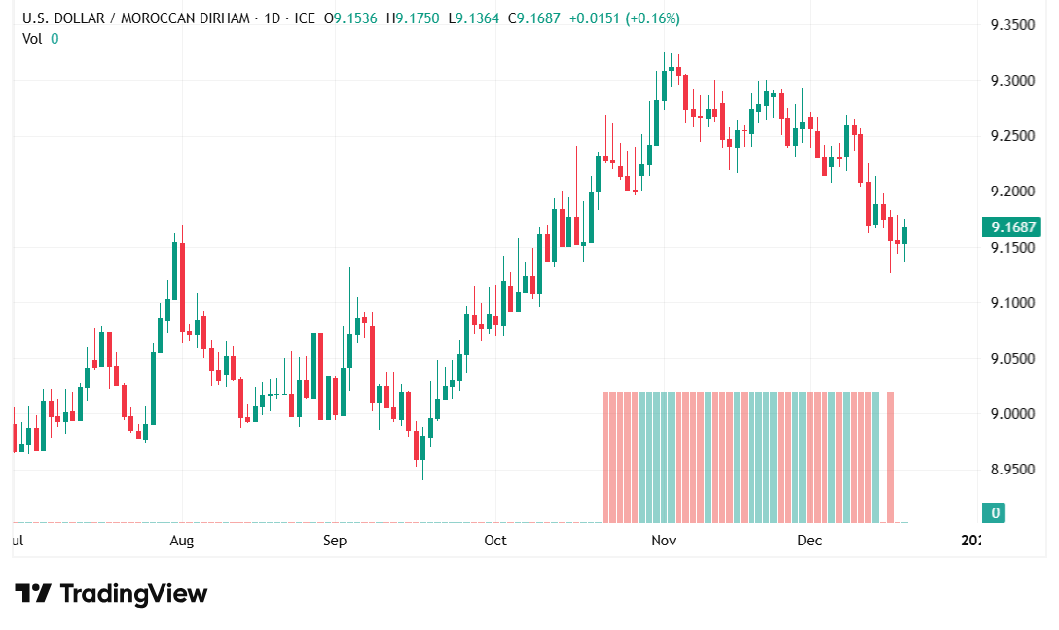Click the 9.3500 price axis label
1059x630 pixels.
(x=1011, y=24)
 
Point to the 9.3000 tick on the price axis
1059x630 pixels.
(x=1011, y=80)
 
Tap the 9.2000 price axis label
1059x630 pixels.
(x=1011, y=191)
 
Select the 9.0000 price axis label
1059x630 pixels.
(x=1011, y=414)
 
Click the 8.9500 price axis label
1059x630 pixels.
(x=1011, y=470)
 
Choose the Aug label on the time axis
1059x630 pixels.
(x=182, y=541)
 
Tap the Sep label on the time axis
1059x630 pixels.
(x=335, y=541)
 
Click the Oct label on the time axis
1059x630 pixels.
(x=495, y=541)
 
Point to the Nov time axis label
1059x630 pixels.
(x=664, y=541)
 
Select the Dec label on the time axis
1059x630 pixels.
(x=810, y=541)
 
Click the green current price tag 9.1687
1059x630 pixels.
(x=1011, y=227)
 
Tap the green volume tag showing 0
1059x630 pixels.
(x=995, y=512)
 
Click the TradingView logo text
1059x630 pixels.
(x=133, y=593)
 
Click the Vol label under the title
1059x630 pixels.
(x=33, y=38)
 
